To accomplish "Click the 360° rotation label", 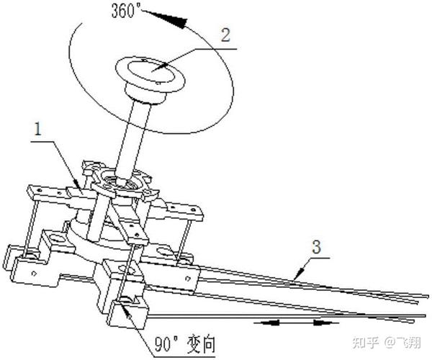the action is pos(125,12).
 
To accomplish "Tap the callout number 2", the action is pos(225,35).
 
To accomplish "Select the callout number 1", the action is pos(37,129).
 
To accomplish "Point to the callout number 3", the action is pos(316,247).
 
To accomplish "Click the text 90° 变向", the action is pos(184,344).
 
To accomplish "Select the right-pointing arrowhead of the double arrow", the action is pos(322,323).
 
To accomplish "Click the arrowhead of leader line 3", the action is pos(298,274).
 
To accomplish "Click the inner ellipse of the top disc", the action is pos(150,71).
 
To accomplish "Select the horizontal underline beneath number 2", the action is pos(216,49).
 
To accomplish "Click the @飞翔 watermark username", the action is pos(402,343).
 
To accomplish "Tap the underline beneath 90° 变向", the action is pos(184,356).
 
